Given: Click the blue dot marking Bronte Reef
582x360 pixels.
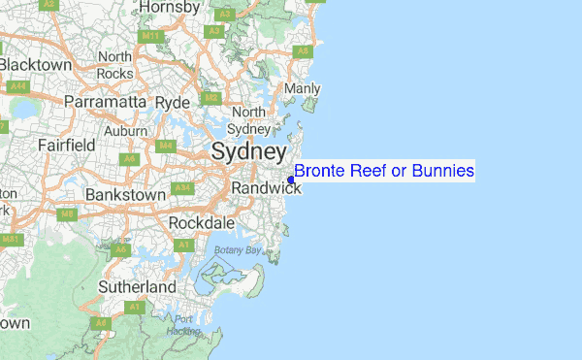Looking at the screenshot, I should [291, 180].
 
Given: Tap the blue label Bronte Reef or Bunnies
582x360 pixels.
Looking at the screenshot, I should [384, 172].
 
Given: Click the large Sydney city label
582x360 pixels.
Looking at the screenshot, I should [248, 152].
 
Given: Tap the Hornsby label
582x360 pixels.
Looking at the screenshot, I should [169, 8].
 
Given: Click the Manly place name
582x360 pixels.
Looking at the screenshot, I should [301, 89].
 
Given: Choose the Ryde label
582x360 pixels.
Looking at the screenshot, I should [172, 102].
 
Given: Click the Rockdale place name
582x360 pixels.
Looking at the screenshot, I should [202, 223].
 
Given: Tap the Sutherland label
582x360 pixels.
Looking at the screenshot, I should [137, 287].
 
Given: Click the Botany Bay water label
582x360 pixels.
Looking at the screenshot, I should [239, 250].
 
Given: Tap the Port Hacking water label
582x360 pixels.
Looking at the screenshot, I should [184, 325].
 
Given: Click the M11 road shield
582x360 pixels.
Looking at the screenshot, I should [149, 36].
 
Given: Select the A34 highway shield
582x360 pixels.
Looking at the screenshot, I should [181, 187].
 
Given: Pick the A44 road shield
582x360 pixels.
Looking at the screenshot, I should [16, 86].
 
